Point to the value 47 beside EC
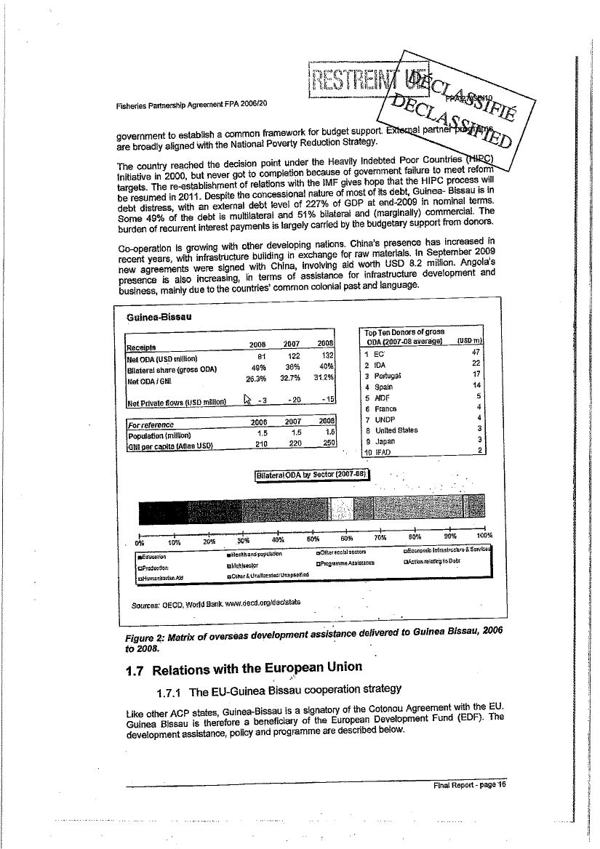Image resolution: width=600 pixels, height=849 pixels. [x=476, y=353]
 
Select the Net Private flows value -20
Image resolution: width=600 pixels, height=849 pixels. [x=292, y=402]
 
